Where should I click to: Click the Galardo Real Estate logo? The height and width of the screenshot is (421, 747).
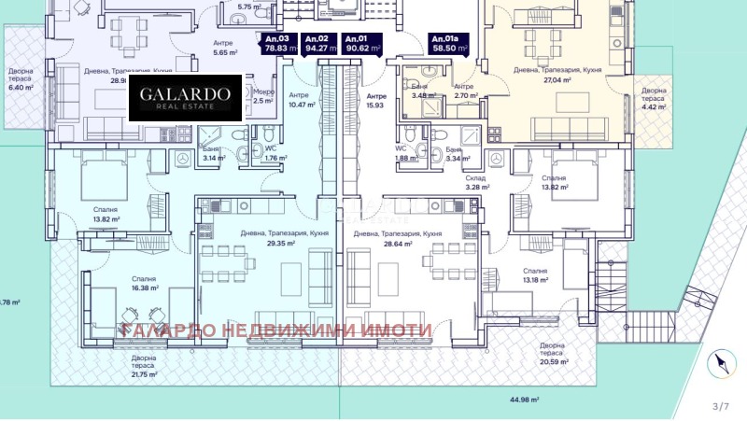[185, 99]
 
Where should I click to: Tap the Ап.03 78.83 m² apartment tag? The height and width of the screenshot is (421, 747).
[275, 43]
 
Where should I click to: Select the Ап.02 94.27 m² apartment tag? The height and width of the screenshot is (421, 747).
[318, 43]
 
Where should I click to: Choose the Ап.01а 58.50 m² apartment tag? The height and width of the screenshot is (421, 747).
[448, 43]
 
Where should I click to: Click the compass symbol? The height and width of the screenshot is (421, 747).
[719, 364]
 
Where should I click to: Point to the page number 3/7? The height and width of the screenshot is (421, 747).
[720, 406]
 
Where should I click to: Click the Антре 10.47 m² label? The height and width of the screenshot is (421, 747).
[299, 100]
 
